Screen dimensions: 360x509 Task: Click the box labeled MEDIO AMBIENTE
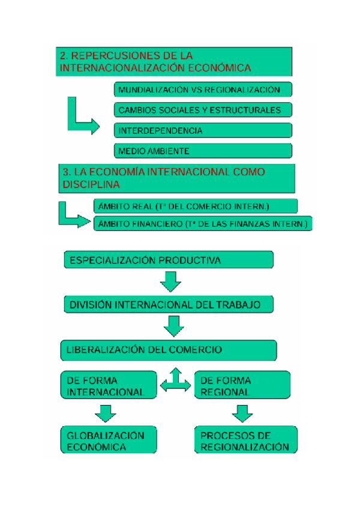(x=203, y=151)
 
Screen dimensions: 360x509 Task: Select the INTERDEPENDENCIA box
(x=203, y=130)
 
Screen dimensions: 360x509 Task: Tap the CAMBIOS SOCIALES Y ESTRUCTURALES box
(x=203, y=110)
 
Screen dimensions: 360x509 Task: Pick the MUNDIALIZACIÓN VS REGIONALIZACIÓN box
(x=203, y=89)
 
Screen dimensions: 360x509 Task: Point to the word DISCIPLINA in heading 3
(x=91, y=184)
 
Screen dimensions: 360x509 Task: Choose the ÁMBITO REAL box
(x=196, y=206)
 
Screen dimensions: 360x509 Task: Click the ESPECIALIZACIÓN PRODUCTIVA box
(x=169, y=260)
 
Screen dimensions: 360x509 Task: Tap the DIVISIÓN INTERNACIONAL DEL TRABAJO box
(x=169, y=304)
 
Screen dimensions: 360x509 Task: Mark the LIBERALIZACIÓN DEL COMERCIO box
(x=169, y=349)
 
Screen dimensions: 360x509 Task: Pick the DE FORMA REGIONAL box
(x=242, y=386)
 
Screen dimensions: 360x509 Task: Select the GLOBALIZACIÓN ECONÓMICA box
(x=108, y=441)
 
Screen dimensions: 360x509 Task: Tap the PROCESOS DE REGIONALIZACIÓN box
(x=245, y=441)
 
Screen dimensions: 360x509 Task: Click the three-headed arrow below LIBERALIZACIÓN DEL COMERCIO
(x=175, y=382)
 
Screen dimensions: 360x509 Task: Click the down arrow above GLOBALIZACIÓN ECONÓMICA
(x=106, y=412)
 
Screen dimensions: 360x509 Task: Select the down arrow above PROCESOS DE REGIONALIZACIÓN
(x=242, y=412)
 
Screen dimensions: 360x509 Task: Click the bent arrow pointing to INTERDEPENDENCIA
(x=79, y=119)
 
